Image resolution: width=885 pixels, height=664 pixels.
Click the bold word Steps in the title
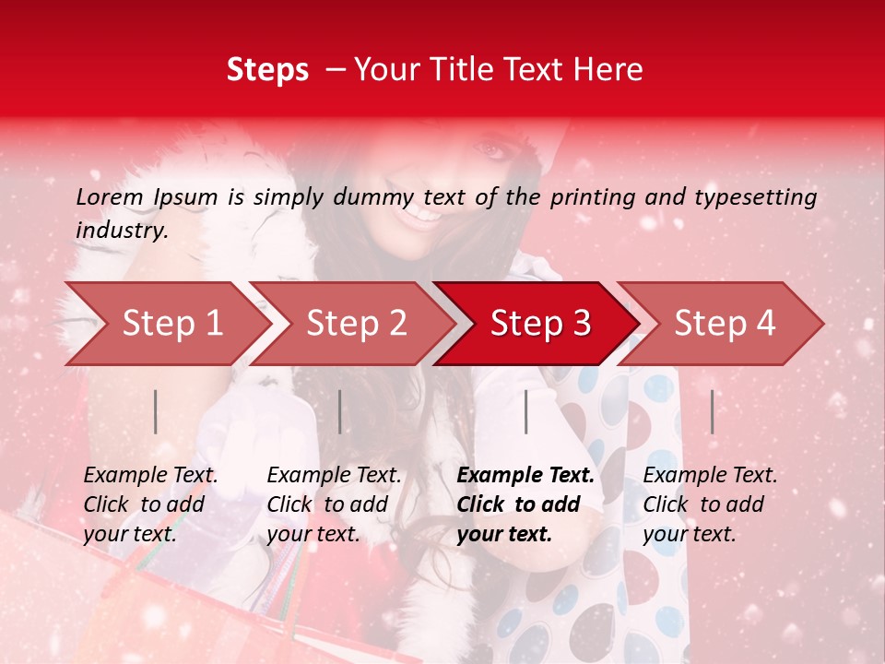(x=267, y=70)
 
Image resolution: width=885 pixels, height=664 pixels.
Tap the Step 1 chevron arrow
(x=166, y=323)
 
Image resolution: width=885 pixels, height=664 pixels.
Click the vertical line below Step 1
(x=156, y=411)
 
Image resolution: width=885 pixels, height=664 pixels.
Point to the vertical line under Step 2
(x=340, y=411)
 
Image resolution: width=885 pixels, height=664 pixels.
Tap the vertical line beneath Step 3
(x=525, y=411)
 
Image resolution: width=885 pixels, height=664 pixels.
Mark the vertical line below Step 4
(x=712, y=411)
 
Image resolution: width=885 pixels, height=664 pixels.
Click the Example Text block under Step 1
(x=150, y=504)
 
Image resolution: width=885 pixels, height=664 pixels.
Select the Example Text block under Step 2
(x=334, y=504)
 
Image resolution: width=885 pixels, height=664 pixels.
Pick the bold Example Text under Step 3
(x=525, y=504)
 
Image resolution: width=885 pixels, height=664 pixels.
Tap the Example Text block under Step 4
(x=710, y=504)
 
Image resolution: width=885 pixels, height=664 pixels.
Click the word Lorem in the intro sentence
(x=110, y=197)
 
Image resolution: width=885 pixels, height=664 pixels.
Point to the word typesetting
(x=761, y=197)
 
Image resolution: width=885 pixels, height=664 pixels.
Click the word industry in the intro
(x=121, y=231)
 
